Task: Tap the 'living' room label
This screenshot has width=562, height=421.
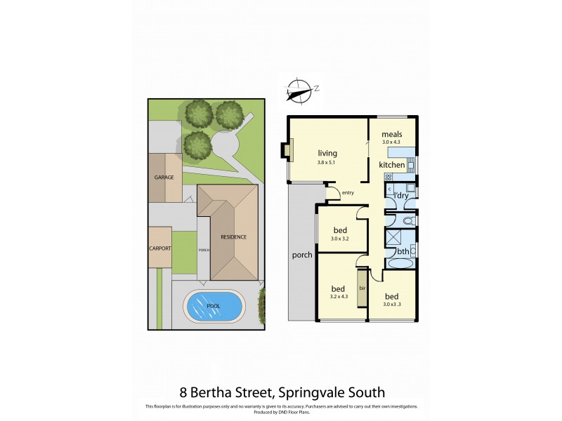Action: click(327, 153)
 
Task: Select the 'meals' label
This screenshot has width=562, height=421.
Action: click(391, 134)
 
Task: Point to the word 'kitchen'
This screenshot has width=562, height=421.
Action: click(392, 165)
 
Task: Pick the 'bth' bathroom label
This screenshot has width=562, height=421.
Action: click(403, 250)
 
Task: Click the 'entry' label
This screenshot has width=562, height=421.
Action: click(348, 192)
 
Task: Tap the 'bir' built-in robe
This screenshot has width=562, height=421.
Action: click(362, 288)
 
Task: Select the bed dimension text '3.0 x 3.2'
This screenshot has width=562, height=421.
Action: click(340, 239)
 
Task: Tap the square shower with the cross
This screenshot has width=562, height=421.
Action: click(393, 236)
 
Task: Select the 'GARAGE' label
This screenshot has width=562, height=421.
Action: click(164, 178)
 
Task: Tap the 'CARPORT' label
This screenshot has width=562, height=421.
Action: click(159, 248)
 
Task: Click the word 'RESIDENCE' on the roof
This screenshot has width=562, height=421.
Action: click(233, 237)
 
